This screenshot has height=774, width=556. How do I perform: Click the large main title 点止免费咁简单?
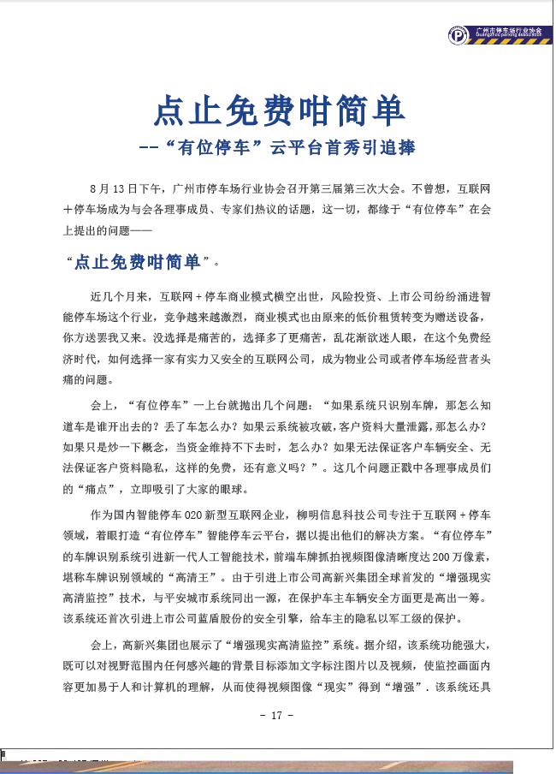(x=278, y=110)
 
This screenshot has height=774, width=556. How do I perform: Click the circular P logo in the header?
(x=459, y=36)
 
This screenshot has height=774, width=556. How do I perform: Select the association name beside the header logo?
(x=509, y=33)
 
